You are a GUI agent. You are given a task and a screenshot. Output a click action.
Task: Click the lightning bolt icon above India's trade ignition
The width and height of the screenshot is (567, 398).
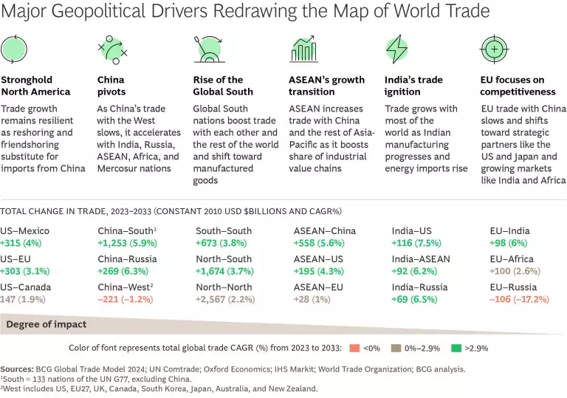coord(396,49)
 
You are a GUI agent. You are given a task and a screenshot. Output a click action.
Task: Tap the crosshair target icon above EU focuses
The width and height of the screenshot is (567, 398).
coord(492,49)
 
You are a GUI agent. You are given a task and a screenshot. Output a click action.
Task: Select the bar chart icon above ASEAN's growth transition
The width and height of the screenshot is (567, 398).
coord(302,49)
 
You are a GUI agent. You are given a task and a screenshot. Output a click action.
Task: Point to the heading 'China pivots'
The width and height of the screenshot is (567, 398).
coord(111,86)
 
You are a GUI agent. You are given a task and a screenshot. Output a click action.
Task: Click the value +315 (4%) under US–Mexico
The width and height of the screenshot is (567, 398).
coord(24,244)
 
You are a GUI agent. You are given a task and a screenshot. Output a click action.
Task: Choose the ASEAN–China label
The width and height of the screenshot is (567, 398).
coord(325,231)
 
